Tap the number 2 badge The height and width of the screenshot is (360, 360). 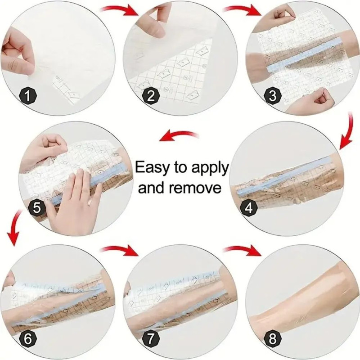coord(151,96)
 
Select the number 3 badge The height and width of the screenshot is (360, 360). coord(273,96)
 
